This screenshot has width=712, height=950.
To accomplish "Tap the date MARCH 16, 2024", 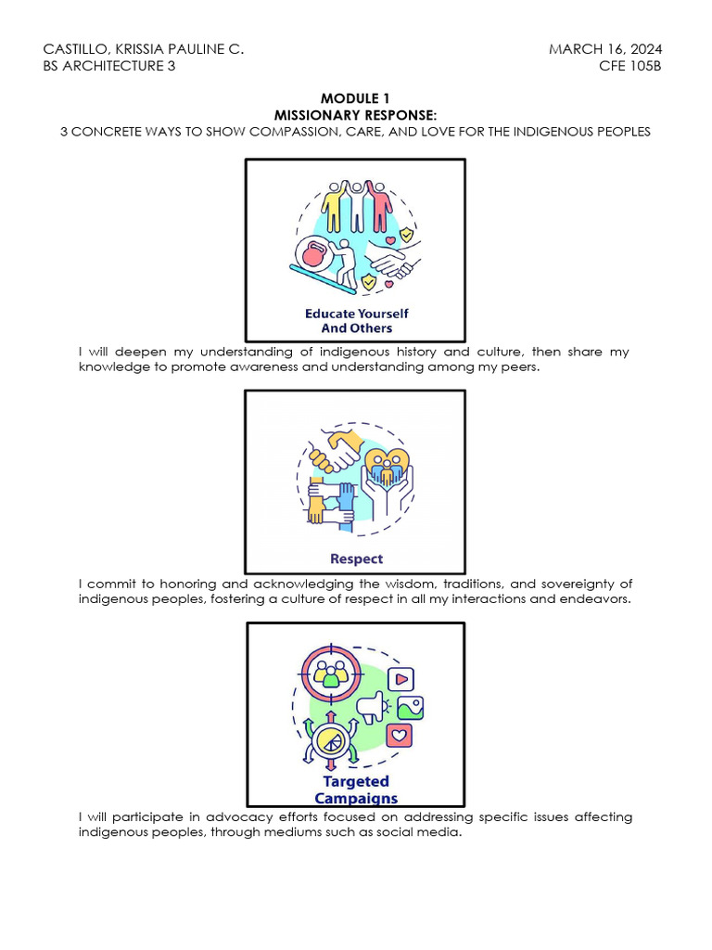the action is pos(605,49).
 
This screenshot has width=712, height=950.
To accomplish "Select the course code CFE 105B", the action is pos(630,66).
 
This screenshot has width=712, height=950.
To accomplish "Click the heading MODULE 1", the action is pos(355,98).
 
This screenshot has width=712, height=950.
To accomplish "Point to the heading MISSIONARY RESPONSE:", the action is pos(355,115).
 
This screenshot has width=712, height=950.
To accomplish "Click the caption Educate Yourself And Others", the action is pos(357,320).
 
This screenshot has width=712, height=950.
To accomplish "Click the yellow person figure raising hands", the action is pos(334,207).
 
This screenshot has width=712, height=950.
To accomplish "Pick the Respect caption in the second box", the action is pos(357,558).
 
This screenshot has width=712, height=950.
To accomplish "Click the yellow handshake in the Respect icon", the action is pos(334,450).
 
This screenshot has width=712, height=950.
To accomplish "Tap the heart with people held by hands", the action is pos(388,467).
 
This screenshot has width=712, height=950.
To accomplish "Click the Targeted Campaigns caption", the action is pos(356,790).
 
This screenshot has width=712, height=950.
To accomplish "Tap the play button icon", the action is pos(400,679).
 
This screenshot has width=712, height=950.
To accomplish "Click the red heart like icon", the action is pos(399,736).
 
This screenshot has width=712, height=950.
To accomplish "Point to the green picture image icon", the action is pos(411,708).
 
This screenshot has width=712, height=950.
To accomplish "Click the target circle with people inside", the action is pos(331,674).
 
